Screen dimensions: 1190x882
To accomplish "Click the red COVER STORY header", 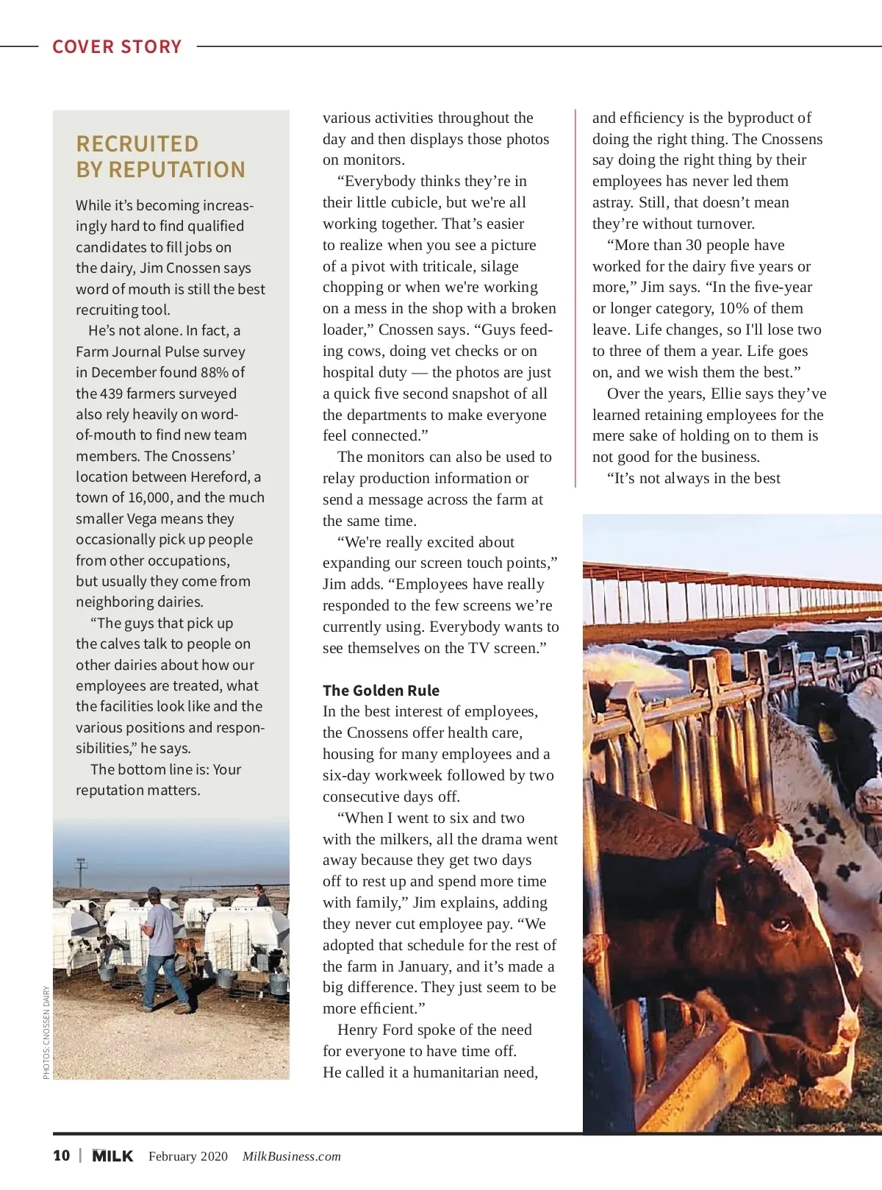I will pyautogui.click(x=117, y=47).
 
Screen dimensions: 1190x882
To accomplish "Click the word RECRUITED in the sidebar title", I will pyautogui.click(x=137, y=143).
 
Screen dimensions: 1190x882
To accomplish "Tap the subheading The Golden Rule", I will pyautogui.click(x=381, y=691).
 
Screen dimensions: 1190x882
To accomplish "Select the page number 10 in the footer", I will pyautogui.click(x=62, y=1155).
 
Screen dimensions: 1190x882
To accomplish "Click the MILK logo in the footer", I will pyautogui.click(x=112, y=1155).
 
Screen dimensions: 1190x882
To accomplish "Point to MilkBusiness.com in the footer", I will pyautogui.click(x=292, y=1156).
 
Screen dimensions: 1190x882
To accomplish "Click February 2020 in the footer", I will pyautogui.click(x=188, y=1156).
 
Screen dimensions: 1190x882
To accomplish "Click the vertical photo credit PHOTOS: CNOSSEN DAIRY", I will pyautogui.click(x=46, y=1033).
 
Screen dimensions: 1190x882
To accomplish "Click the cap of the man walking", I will pyautogui.click(x=154, y=893).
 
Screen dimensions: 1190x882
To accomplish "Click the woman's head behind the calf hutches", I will pyautogui.click(x=258, y=889).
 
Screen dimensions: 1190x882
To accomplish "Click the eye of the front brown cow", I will pyautogui.click(x=781, y=924).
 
